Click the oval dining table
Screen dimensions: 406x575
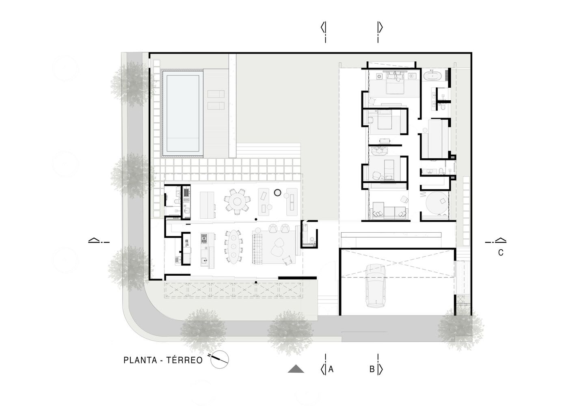(233, 246)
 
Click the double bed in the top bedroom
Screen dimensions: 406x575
(394, 84)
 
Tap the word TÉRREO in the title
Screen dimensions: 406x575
(184, 360)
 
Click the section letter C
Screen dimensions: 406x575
(501, 253)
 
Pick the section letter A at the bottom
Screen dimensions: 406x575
(331, 369)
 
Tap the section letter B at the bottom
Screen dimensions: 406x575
(372, 369)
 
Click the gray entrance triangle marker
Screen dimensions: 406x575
(296, 369)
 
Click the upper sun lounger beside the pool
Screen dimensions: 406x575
(216, 94)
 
